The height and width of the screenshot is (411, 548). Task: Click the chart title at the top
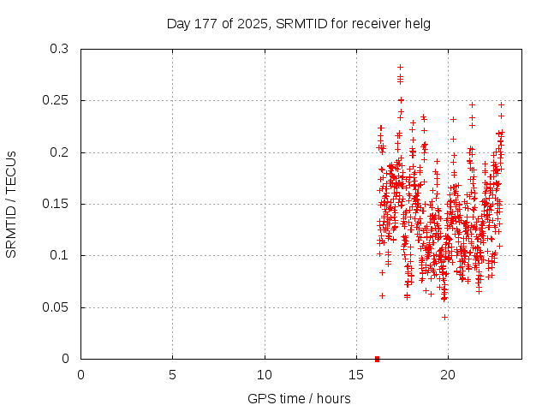(x=298, y=23)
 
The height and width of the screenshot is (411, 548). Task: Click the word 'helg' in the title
(x=418, y=23)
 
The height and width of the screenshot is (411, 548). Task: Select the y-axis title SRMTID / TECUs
(x=11, y=205)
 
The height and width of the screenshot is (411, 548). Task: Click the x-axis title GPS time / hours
(x=298, y=398)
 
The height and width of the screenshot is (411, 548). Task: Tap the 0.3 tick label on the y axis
(x=59, y=50)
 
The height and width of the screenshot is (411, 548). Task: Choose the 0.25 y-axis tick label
(x=56, y=101)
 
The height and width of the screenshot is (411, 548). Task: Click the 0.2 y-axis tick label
(x=59, y=152)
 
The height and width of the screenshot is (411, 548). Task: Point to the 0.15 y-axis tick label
(x=56, y=204)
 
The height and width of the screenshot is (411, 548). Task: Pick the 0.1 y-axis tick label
(x=59, y=255)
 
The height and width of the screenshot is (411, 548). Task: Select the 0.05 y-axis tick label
(x=56, y=307)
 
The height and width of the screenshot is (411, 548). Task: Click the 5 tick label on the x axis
(x=172, y=374)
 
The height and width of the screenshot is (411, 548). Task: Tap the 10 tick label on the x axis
(x=265, y=374)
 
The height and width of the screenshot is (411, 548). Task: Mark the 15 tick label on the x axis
(x=356, y=374)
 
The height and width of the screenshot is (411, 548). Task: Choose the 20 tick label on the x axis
(x=448, y=374)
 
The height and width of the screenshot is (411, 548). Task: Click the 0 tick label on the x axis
(x=80, y=374)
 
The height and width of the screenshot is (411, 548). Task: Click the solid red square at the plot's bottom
(x=377, y=359)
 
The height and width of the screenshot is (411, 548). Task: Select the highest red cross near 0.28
(x=400, y=67)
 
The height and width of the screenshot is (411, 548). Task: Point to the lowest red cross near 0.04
(x=444, y=317)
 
